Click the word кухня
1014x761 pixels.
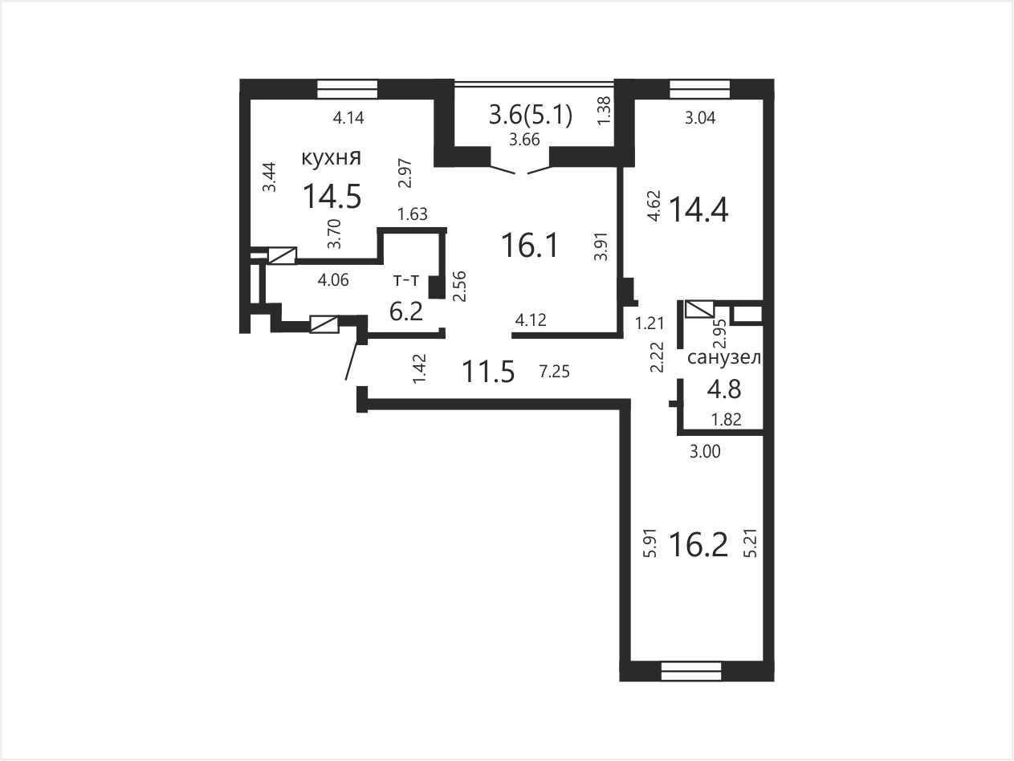(332, 158)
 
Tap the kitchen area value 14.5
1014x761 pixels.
(332, 196)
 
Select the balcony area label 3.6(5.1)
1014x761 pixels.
(531, 115)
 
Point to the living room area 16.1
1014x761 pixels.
(530, 245)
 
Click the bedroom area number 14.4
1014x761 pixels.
(698, 210)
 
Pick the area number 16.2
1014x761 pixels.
(698, 544)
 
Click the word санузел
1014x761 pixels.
(724, 357)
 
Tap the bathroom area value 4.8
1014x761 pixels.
(724, 389)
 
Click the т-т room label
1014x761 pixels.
(405, 280)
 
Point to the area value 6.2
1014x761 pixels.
(406, 311)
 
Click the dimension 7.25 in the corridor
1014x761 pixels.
(555, 371)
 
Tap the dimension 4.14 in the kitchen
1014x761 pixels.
(348, 118)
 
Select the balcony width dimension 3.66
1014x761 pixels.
(524, 140)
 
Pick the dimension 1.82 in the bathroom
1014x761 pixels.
(727, 419)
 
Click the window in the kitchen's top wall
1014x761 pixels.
(348, 89)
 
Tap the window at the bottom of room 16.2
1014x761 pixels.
(691, 671)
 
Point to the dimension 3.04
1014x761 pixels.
(700, 118)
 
